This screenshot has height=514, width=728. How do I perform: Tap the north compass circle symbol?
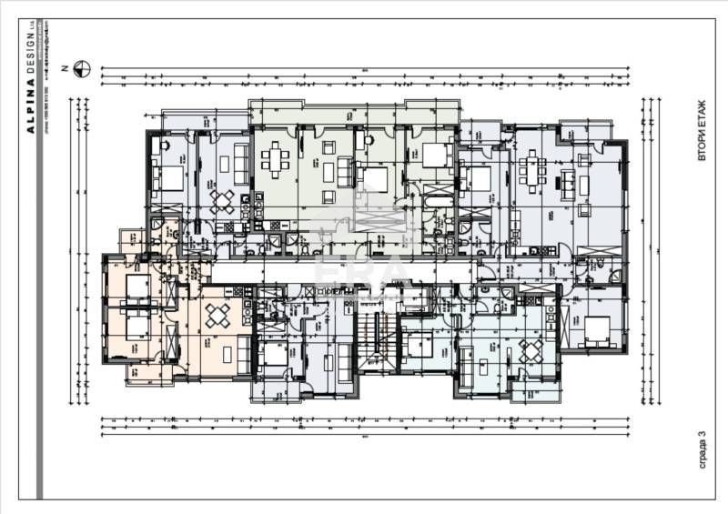click(x=82, y=66)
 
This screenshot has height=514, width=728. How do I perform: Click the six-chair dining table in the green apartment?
click(x=275, y=161)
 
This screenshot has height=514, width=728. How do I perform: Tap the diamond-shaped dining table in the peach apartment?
click(x=218, y=316)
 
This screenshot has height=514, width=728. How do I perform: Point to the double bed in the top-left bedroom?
click(x=169, y=177)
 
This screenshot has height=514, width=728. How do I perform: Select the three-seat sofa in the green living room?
click(x=345, y=171)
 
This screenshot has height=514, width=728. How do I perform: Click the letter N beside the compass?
click(x=65, y=67)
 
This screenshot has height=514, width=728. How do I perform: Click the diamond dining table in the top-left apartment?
click(x=221, y=199)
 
